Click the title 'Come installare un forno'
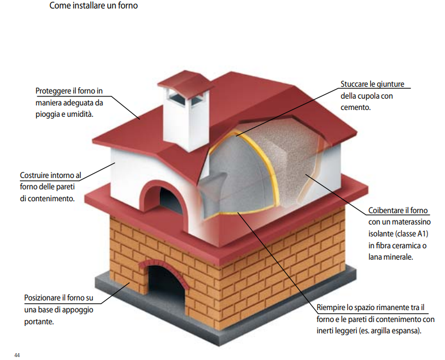94,7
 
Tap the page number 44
18,355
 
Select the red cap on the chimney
182,82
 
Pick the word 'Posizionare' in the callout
45,298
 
